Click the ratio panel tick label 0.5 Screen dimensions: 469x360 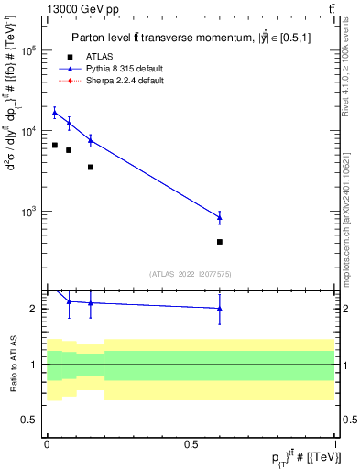29,420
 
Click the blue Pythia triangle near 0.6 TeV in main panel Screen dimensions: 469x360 220,217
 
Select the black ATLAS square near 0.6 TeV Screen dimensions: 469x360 220,242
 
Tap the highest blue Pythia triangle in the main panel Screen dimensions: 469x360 55,113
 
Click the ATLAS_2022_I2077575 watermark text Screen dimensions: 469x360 191,273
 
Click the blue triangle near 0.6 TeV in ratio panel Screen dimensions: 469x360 220,309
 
